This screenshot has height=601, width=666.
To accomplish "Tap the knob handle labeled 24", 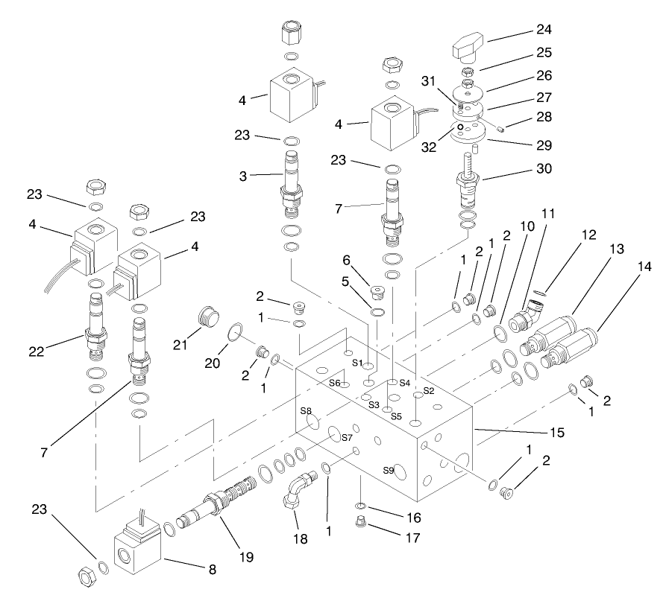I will point(470,52).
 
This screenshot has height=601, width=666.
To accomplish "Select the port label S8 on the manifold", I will point(305,410).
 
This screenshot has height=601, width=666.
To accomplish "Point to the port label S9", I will point(388,470).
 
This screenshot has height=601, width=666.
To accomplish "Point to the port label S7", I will point(346,437).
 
